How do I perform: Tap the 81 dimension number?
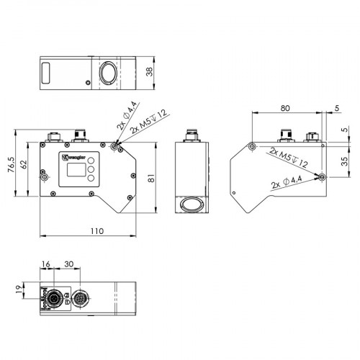point(150,178)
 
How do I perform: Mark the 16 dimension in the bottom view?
point(46,265)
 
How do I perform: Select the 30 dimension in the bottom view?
point(70,265)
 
